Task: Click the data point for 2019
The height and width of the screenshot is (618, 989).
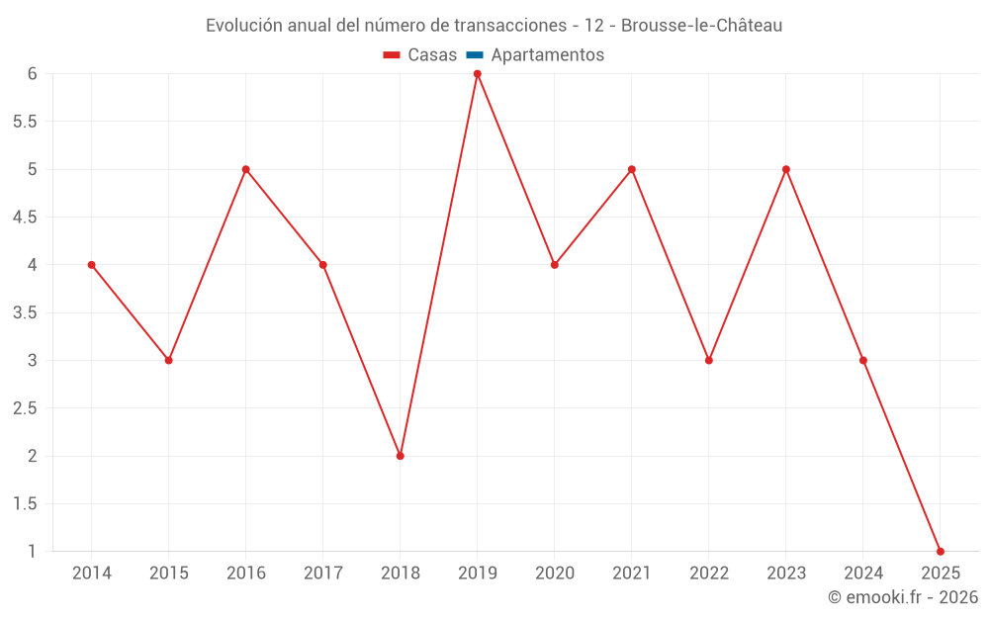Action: tap(477, 74)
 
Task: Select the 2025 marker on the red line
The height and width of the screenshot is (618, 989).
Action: tap(940, 551)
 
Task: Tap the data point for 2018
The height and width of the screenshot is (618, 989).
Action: tap(400, 456)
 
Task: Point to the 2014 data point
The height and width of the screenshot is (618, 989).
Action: tap(91, 265)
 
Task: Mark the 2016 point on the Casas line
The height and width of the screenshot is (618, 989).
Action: tap(245, 169)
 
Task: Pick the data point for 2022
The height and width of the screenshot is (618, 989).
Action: tap(708, 360)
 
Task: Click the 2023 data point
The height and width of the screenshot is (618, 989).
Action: tap(785, 169)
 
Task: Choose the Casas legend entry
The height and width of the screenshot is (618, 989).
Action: tap(420, 55)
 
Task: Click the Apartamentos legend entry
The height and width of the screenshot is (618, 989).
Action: tap(547, 55)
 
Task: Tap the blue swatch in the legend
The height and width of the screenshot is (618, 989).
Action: tap(474, 55)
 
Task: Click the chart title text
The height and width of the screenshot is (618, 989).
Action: tap(494, 26)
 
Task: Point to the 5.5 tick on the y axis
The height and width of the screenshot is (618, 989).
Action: tap(25, 122)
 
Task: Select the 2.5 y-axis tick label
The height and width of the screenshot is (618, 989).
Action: tap(25, 408)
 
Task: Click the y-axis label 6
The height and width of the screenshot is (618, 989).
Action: tap(32, 74)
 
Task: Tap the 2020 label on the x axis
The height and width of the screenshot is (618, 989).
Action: tap(554, 574)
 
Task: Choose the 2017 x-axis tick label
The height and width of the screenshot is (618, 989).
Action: tap(322, 574)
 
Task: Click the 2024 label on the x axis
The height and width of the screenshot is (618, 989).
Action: tap(862, 574)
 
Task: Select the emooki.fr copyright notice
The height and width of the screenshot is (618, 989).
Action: tap(902, 597)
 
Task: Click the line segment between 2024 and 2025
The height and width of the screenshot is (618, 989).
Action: tap(901, 456)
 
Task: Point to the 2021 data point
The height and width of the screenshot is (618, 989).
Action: tap(631, 169)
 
